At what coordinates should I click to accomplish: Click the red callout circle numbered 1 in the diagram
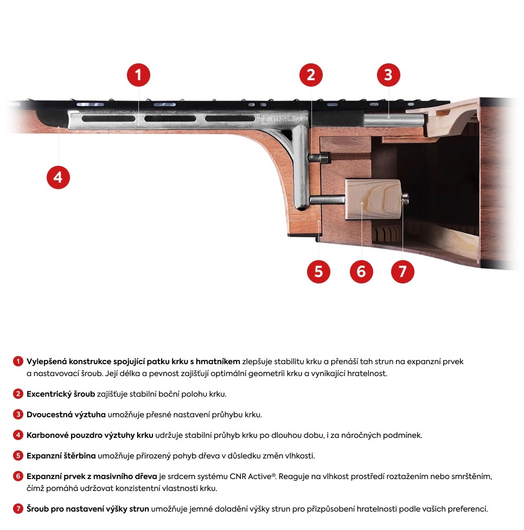click(x=138, y=75)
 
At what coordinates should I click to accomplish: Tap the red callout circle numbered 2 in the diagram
click(x=310, y=75)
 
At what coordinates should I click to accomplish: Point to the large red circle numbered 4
click(x=58, y=177)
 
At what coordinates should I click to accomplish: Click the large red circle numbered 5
click(x=318, y=271)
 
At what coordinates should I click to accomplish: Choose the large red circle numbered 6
click(x=361, y=271)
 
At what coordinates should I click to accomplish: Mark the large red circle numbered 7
click(x=402, y=271)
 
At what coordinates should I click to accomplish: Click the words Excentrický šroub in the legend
click(x=61, y=394)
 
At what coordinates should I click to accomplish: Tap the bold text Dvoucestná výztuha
click(x=66, y=415)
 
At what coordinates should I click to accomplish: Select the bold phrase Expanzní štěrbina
click(x=61, y=456)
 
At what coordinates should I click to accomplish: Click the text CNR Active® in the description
click(x=254, y=476)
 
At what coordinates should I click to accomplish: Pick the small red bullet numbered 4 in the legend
click(x=18, y=435)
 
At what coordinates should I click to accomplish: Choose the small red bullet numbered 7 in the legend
click(x=18, y=509)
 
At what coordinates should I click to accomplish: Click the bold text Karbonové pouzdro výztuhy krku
click(x=90, y=435)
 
